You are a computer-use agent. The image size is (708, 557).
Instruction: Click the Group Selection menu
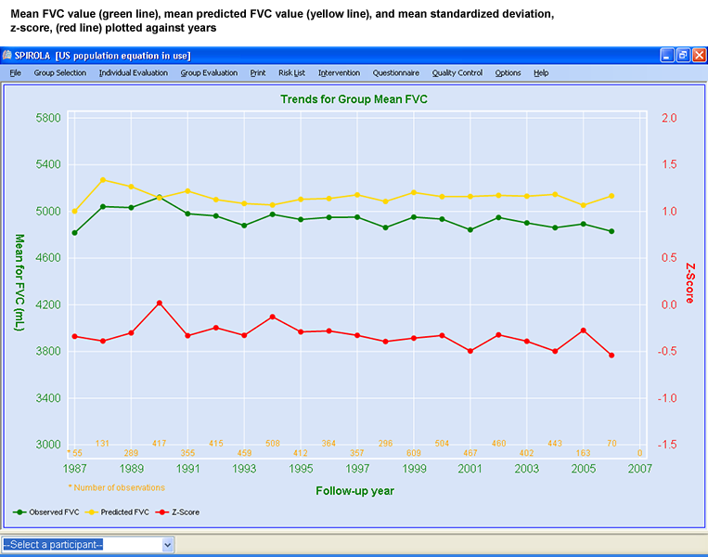pos(59,72)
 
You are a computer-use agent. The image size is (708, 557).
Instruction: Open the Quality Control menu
pos(457,72)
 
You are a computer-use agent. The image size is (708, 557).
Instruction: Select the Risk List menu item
pos(291,72)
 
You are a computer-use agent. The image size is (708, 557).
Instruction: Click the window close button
pos(699,56)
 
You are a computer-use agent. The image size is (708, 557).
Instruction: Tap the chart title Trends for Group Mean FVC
pos(354,98)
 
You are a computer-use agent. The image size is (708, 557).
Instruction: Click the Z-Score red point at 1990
pos(160,303)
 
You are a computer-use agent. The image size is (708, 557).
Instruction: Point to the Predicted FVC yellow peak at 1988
pos(103,180)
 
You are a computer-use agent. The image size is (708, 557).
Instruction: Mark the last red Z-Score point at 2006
pos(611,356)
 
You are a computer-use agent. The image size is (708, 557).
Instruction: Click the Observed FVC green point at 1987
pos(75,232)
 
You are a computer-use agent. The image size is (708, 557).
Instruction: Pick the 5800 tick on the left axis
pos(47,119)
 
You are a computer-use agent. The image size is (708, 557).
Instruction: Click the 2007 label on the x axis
pos(639,469)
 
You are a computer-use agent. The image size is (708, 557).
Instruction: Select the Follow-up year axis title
pos(354,491)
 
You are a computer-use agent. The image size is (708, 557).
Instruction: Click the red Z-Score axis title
pos(689,281)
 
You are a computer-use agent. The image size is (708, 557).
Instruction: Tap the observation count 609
pos(414,453)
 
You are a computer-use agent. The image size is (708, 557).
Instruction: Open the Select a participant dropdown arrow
pos(168,545)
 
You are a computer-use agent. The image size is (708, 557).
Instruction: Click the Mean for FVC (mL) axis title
pos(19,281)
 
